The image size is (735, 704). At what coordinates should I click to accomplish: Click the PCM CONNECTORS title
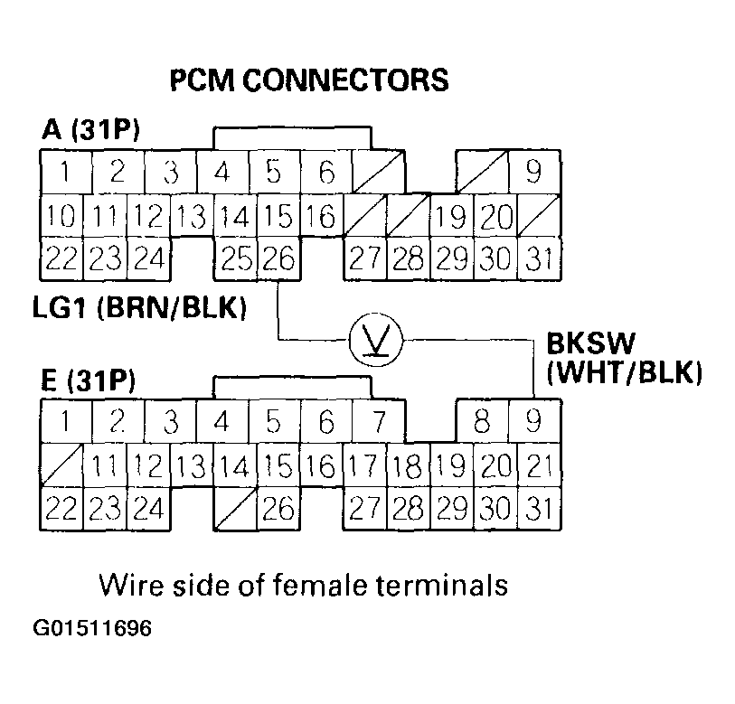tap(309, 80)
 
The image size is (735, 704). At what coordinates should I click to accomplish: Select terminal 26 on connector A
tap(278, 260)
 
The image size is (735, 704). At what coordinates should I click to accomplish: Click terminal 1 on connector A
tap(62, 171)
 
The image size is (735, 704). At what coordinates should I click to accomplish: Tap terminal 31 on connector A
tap(540, 260)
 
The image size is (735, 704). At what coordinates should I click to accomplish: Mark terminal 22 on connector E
tap(61, 510)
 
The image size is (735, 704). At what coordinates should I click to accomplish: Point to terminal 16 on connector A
tap(322, 217)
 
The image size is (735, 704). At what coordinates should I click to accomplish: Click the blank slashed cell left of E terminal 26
tap(235, 510)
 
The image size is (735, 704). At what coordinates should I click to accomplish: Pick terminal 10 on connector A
tap(61, 217)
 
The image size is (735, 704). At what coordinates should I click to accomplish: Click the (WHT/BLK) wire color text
tap(624, 371)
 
